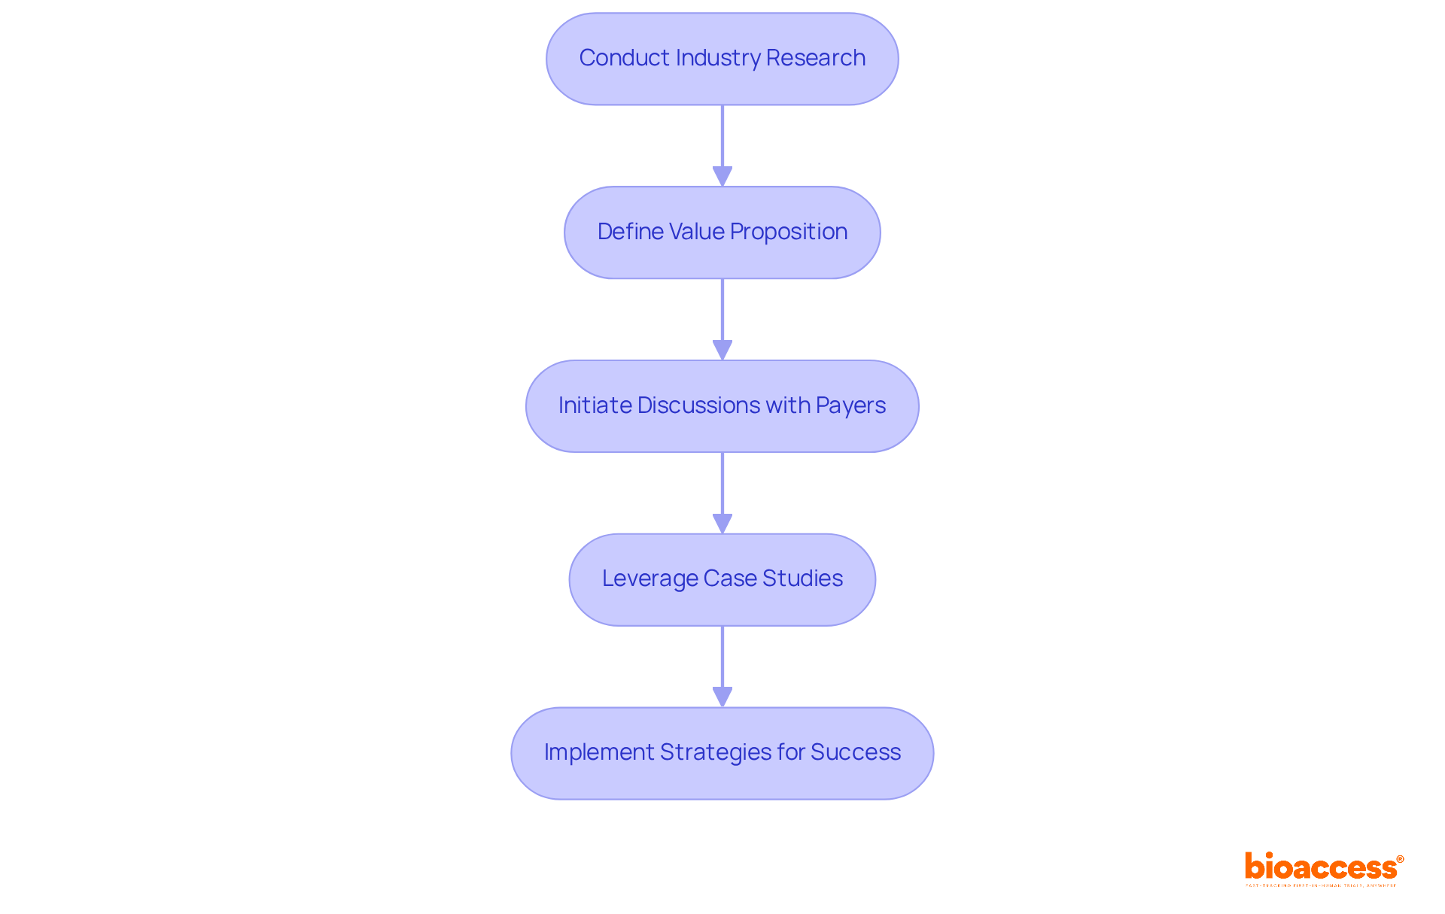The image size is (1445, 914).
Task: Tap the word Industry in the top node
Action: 718,58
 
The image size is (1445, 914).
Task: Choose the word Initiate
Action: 595,405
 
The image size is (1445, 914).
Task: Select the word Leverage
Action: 649,578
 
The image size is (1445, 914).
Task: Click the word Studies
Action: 802,578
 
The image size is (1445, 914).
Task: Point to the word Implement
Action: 598,752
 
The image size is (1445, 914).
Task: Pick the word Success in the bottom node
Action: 856,752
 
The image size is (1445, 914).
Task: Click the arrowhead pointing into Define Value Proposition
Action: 722,177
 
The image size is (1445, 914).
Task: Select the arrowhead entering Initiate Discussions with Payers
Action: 722,351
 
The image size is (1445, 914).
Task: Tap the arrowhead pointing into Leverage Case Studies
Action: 722,524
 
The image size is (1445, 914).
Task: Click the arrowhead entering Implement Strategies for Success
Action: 722,697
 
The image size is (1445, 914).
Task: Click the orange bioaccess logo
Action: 1321,867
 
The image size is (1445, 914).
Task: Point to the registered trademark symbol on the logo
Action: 1400,859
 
